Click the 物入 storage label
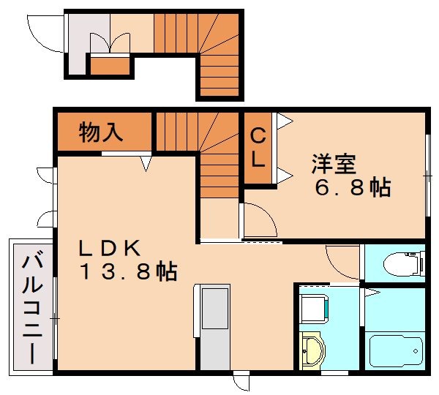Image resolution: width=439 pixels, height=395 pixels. (101, 132)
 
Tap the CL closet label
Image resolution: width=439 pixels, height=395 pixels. (258, 148)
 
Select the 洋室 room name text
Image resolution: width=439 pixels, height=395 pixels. (334, 164)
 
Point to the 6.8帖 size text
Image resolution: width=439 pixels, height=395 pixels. (353, 187)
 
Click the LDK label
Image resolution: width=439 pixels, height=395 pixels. (110, 248)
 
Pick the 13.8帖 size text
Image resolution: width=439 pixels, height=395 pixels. (129, 271)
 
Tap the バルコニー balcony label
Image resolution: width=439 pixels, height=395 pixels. (32, 309)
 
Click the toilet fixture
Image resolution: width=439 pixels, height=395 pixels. (405, 264)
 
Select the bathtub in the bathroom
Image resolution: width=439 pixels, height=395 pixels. (396, 352)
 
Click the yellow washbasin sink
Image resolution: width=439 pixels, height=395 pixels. (312, 350)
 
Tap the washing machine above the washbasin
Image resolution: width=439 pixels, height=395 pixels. (314, 309)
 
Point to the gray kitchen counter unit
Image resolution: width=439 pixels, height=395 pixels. (214, 327)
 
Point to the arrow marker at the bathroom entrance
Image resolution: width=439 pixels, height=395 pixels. (372, 293)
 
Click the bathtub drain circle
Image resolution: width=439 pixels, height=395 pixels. (416, 351)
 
